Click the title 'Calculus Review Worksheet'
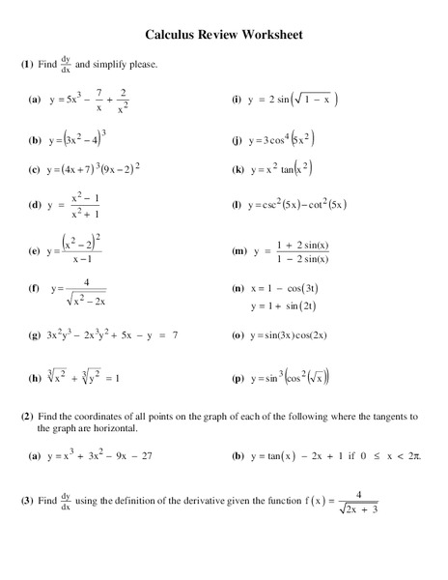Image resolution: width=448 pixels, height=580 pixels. point(224,35)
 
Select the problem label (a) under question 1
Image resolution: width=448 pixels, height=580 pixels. point(34,99)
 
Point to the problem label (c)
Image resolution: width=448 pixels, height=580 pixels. point(34,170)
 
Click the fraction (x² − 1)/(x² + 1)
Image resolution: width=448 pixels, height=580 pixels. point(92,206)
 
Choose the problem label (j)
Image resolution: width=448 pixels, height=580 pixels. point(237,139)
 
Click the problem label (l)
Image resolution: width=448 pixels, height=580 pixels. point(237,206)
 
